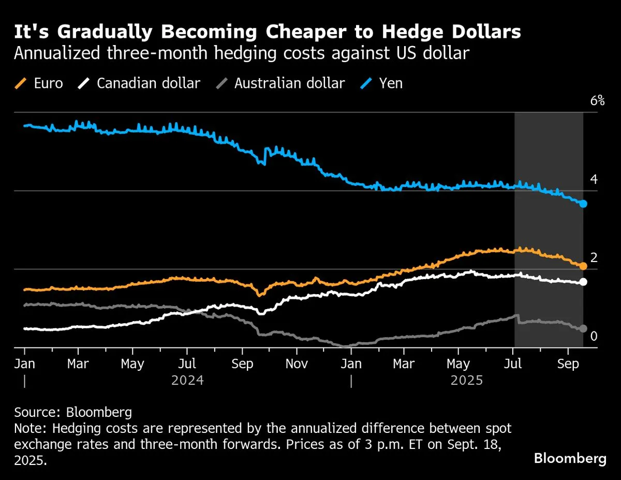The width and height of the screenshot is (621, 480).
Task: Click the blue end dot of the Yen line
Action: [x=583, y=203]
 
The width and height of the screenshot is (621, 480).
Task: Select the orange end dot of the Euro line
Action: [x=583, y=266]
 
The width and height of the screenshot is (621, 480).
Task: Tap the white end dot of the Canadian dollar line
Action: [x=583, y=282]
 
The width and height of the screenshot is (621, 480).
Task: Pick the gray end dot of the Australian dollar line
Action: [x=583, y=328]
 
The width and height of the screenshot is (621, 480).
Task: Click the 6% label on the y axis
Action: [x=597, y=101]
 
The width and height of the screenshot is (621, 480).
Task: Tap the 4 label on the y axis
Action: [x=594, y=180]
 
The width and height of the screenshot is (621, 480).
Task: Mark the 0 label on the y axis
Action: [x=594, y=337]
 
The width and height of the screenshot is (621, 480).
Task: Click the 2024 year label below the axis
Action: [x=187, y=381]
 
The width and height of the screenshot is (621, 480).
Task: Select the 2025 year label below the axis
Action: [x=466, y=381]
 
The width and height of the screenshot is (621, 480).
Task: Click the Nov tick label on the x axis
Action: [x=297, y=364]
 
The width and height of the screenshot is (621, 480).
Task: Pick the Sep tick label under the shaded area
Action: [x=568, y=364]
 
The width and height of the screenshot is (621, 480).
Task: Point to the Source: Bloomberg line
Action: [x=73, y=413]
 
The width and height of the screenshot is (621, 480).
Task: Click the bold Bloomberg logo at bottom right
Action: [x=570, y=458]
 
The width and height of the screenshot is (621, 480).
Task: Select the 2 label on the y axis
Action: [x=594, y=258]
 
